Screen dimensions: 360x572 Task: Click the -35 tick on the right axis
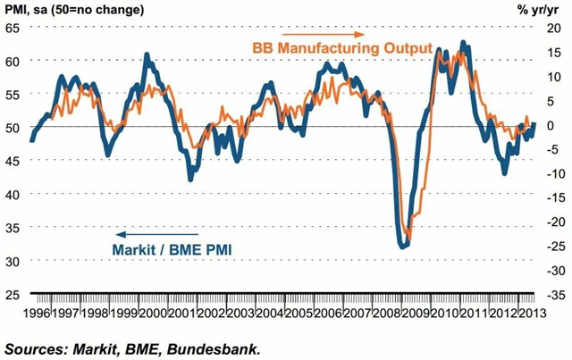[550, 294]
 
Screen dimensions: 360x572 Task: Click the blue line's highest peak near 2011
[462, 42]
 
